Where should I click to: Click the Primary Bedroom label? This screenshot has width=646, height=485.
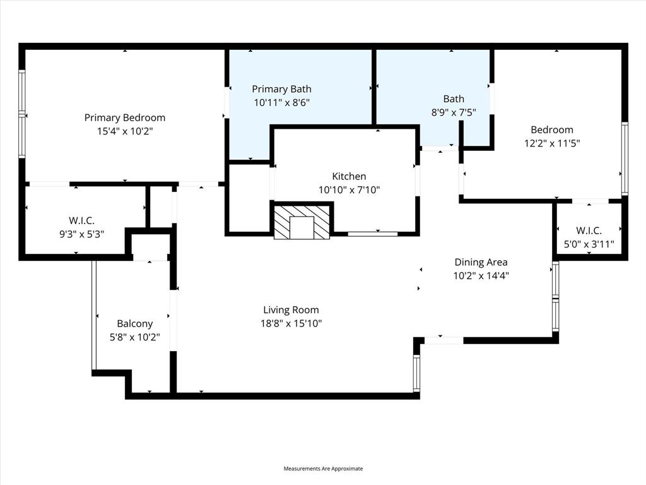pyautogui.click(x=125, y=117)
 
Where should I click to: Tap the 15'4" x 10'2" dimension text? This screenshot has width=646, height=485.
pyautogui.click(x=125, y=131)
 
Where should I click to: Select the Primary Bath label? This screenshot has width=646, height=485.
pyautogui.click(x=281, y=89)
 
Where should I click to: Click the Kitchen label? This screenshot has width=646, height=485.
pyautogui.click(x=349, y=176)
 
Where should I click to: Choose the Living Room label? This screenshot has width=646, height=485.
pyautogui.click(x=291, y=309)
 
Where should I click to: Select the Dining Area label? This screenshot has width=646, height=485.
pyautogui.click(x=481, y=262)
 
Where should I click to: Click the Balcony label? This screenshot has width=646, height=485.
pyautogui.click(x=134, y=323)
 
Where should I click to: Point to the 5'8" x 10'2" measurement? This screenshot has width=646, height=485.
pyautogui.click(x=134, y=337)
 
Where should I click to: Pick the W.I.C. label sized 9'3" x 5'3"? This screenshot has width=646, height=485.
pyautogui.click(x=81, y=220)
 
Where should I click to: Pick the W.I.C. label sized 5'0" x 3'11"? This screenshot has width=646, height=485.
pyautogui.click(x=589, y=231)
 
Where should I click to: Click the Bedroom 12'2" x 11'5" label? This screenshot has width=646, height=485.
pyautogui.click(x=552, y=130)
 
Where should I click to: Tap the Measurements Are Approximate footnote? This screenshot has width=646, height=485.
pyautogui.click(x=323, y=469)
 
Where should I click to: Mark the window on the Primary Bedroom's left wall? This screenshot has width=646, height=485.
pyautogui.click(x=22, y=114)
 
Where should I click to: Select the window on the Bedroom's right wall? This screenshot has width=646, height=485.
pyautogui.click(x=625, y=158)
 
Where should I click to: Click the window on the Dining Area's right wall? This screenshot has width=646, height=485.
pyautogui.click(x=555, y=297)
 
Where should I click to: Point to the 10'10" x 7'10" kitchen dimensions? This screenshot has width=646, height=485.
pyautogui.click(x=349, y=189)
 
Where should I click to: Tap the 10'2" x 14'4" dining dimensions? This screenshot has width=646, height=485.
pyautogui.click(x=481, y=276)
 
